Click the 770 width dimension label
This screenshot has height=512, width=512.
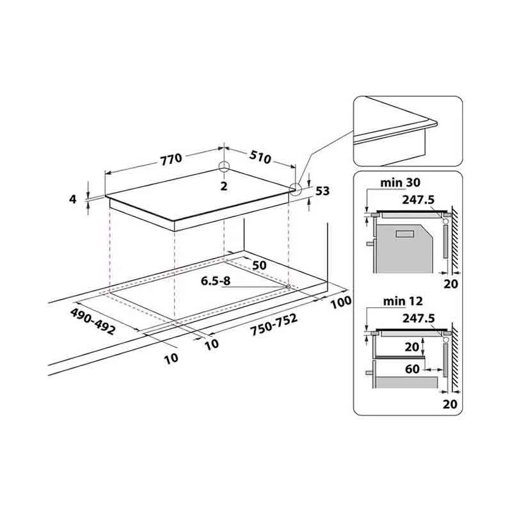(171, 159)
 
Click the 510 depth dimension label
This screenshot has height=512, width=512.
(260, 157)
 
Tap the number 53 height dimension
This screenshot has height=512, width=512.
(323, 190)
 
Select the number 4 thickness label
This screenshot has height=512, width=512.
(72, 199)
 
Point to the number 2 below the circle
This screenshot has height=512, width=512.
(223, 186)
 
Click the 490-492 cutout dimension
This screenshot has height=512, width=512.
(93, 321)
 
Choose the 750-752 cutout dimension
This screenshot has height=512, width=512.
(274, 324)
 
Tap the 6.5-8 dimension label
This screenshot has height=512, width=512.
(216, 281)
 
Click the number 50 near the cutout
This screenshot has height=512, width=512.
(259, 265)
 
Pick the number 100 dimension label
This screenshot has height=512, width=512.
(341, 302)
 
